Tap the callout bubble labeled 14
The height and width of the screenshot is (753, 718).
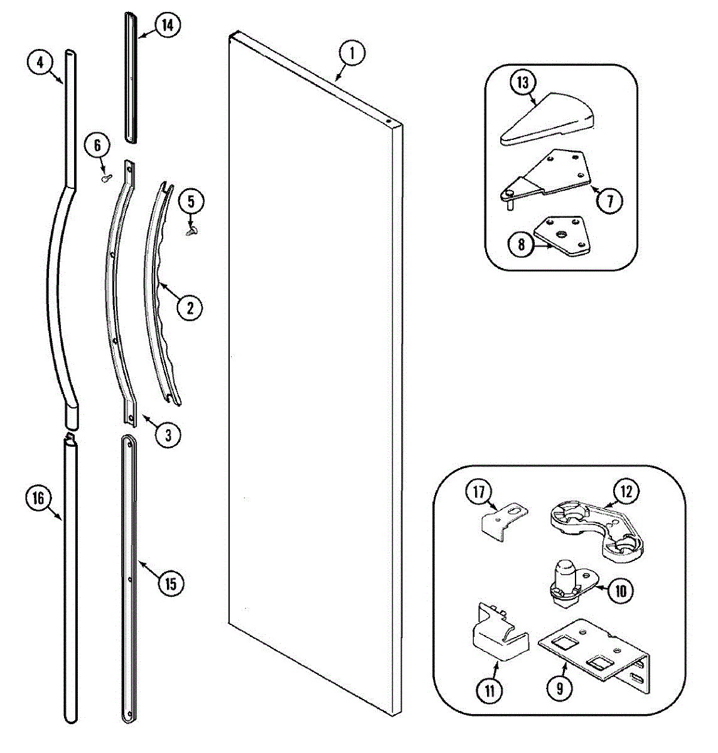pos(166,26)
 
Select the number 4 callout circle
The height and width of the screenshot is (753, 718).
pos(40,62)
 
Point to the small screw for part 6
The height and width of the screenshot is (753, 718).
pos(105,178)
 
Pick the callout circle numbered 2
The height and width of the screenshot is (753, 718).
pos(190,307)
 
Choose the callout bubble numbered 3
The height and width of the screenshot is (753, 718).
pos(168,435)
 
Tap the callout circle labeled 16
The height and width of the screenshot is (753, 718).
pos(38,498)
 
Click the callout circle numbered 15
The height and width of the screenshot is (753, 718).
pos(171,584)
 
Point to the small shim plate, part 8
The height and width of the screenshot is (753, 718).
pos(562,236)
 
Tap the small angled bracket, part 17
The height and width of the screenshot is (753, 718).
pos(500,520)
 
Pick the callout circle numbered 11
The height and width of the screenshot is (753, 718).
pos(490,692)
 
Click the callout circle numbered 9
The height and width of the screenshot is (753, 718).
pos(559,690)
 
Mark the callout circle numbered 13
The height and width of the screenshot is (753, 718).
pos(523,82)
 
